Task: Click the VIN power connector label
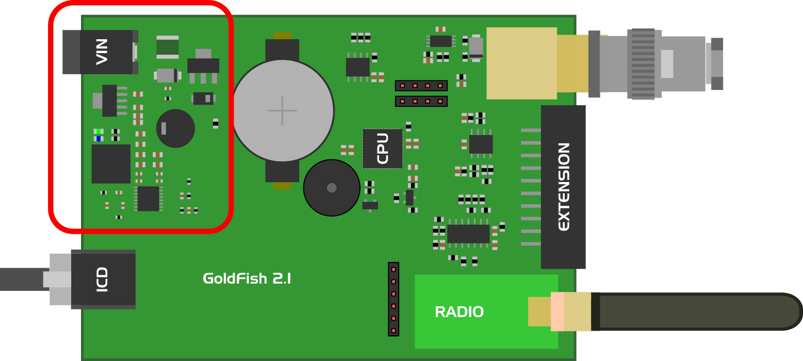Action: (x=102, y=52)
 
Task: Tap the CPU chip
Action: (x=383, y=149)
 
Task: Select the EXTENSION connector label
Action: (x=564, y=187)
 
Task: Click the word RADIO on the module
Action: (x=459, y=312)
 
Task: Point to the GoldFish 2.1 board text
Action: (x=247, y=279)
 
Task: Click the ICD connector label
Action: (x=103, y=280)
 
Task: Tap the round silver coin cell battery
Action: (x=282, y=110)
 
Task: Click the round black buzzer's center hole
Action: (x=332, y=188)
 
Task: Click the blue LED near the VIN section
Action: (x=98, y=138)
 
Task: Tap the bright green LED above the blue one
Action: (x=98, y=132)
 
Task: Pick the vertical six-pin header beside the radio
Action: (x=394, y=299)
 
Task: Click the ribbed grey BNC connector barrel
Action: (x=643, y=63)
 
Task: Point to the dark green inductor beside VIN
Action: (x=168, y=47)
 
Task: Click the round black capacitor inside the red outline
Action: (x=175, y=128)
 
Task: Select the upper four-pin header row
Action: (x=421, y=86)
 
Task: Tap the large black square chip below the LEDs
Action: (x=111, y=163)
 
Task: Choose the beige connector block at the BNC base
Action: (x=521, y=63)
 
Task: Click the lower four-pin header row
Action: (x=421, y=101)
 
